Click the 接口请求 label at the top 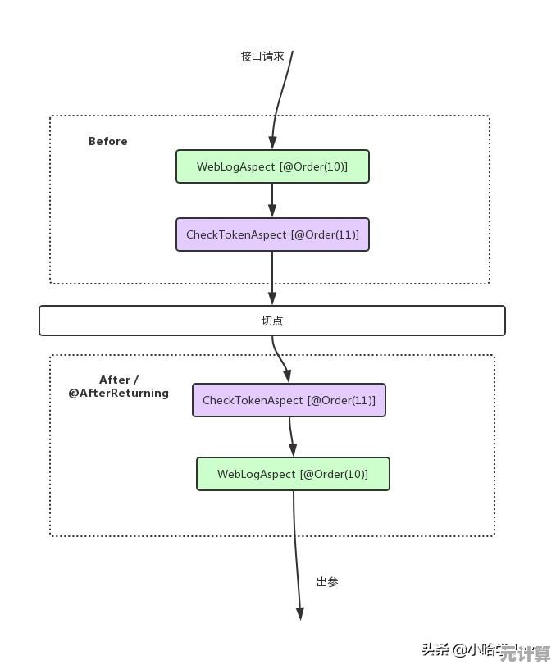point(262,57)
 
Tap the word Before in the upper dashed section point(107,141)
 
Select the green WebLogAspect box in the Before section point(272,166)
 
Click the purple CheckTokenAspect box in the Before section point(272,234)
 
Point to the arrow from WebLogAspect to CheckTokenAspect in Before point(272,200)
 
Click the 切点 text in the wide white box point(272,321)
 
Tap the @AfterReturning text point(118,393)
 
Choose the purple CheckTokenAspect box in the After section point(289,400)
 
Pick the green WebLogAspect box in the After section point(293,474)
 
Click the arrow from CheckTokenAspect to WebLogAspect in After point(291,436)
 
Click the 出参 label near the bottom point(327,582)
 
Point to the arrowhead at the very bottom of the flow point(299,612)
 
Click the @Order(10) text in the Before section point(313,166)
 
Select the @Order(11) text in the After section point(341,400)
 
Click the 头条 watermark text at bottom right point(435,649)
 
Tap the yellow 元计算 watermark point(525,653)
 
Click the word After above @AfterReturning point(115,380)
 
